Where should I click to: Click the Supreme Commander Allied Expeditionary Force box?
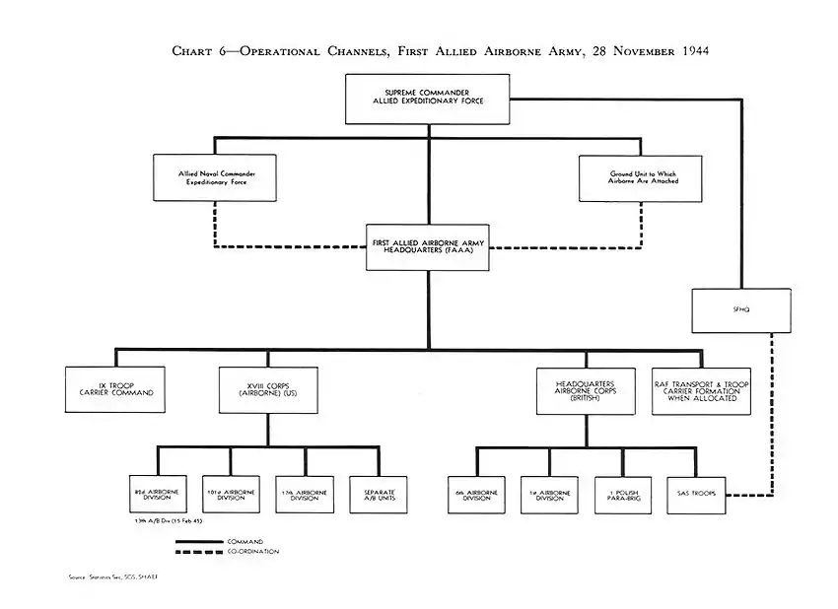[x=427, y=99]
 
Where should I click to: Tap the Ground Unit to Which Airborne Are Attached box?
[x=641, y=177]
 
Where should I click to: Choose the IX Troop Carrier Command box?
[x=114, y=390]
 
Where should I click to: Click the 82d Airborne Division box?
[x=158, y=495]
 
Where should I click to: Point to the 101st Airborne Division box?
[x=231, y=495]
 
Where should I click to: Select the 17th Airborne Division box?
[x=305, y=495]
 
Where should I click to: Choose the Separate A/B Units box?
[x=378, y=495]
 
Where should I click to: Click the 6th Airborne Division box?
[x=476, y=495]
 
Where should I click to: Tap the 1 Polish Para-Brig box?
[x=622, y=495]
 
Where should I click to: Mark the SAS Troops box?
[x=696, y=495]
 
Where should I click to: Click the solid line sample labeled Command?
[x=200, y=541]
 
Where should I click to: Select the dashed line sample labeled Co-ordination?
[x=200, y=552]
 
